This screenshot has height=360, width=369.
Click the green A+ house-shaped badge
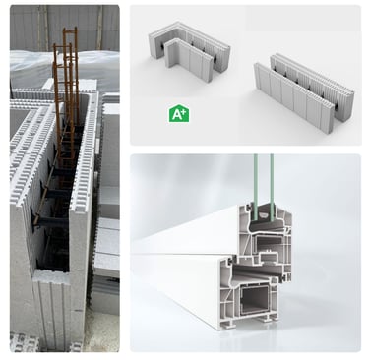[178, 114]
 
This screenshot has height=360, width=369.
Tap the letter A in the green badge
[177, 115]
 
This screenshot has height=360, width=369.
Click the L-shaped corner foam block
[189, 45]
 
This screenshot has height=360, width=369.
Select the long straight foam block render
[304, 89]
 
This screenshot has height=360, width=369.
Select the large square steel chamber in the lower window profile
[254, 300]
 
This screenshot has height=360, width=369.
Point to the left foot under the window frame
[228, 324]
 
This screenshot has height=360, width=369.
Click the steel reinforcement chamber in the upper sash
[267, 244]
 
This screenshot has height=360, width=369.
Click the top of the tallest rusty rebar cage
[70, 30]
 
